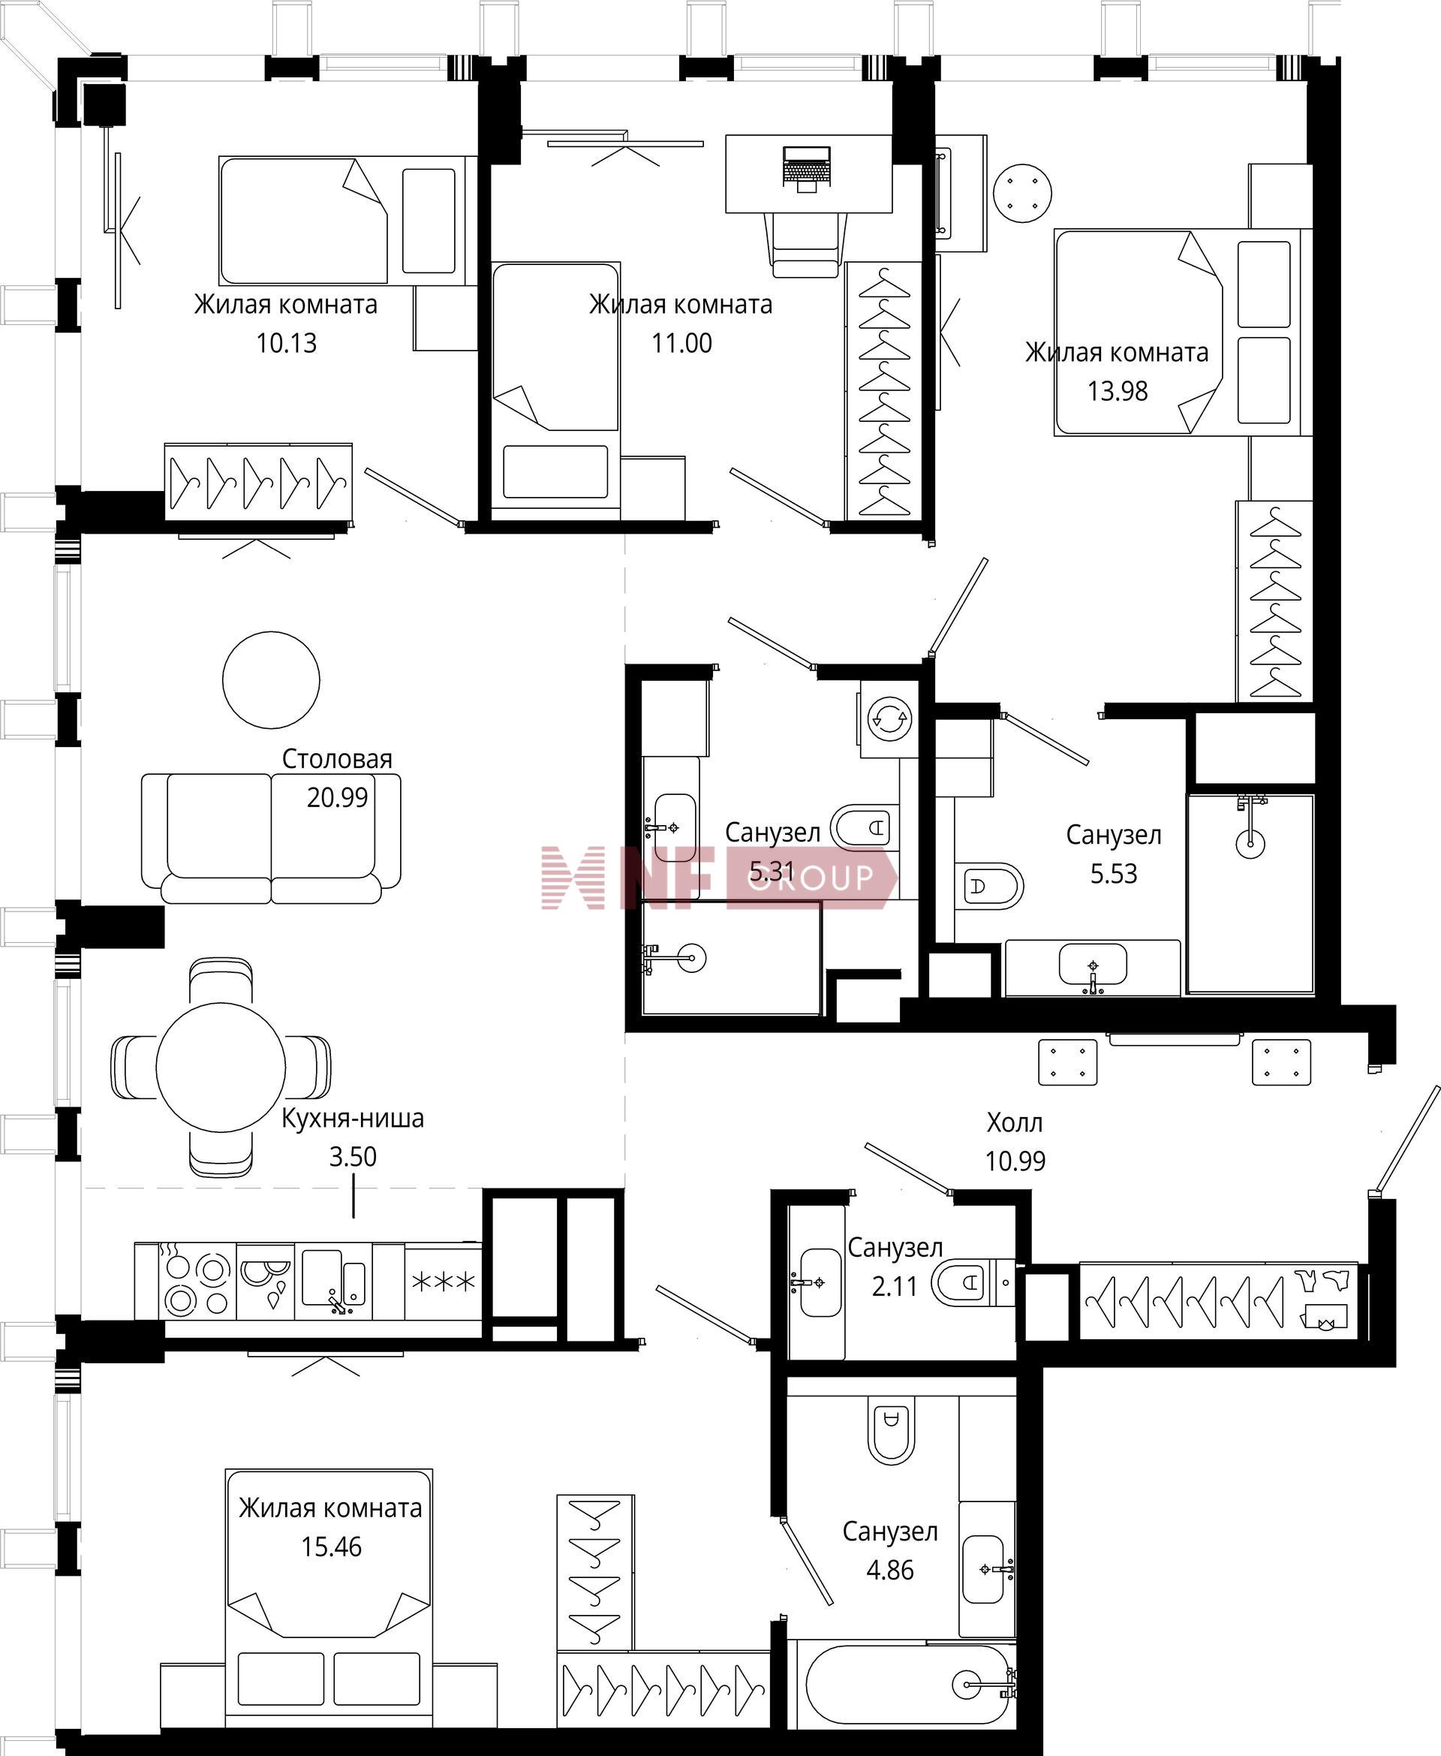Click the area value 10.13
click(287, 343)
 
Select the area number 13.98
click(1118, 391)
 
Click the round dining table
click(221, 1067)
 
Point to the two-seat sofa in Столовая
click(271, 839)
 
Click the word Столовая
click(337, 759)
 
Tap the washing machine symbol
click(889, 718)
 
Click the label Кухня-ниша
click(353, 1119)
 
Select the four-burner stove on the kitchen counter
click(197, 1284)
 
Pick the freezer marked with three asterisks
click(444, 1282)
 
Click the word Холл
click(1015, 1122)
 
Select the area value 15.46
click(331, 1547)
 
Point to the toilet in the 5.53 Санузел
click(988, 886)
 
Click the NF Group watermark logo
click(719, 878)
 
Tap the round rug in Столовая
click(271, 680)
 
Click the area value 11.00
click(681, 343)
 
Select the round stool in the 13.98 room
click(1023, 193)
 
